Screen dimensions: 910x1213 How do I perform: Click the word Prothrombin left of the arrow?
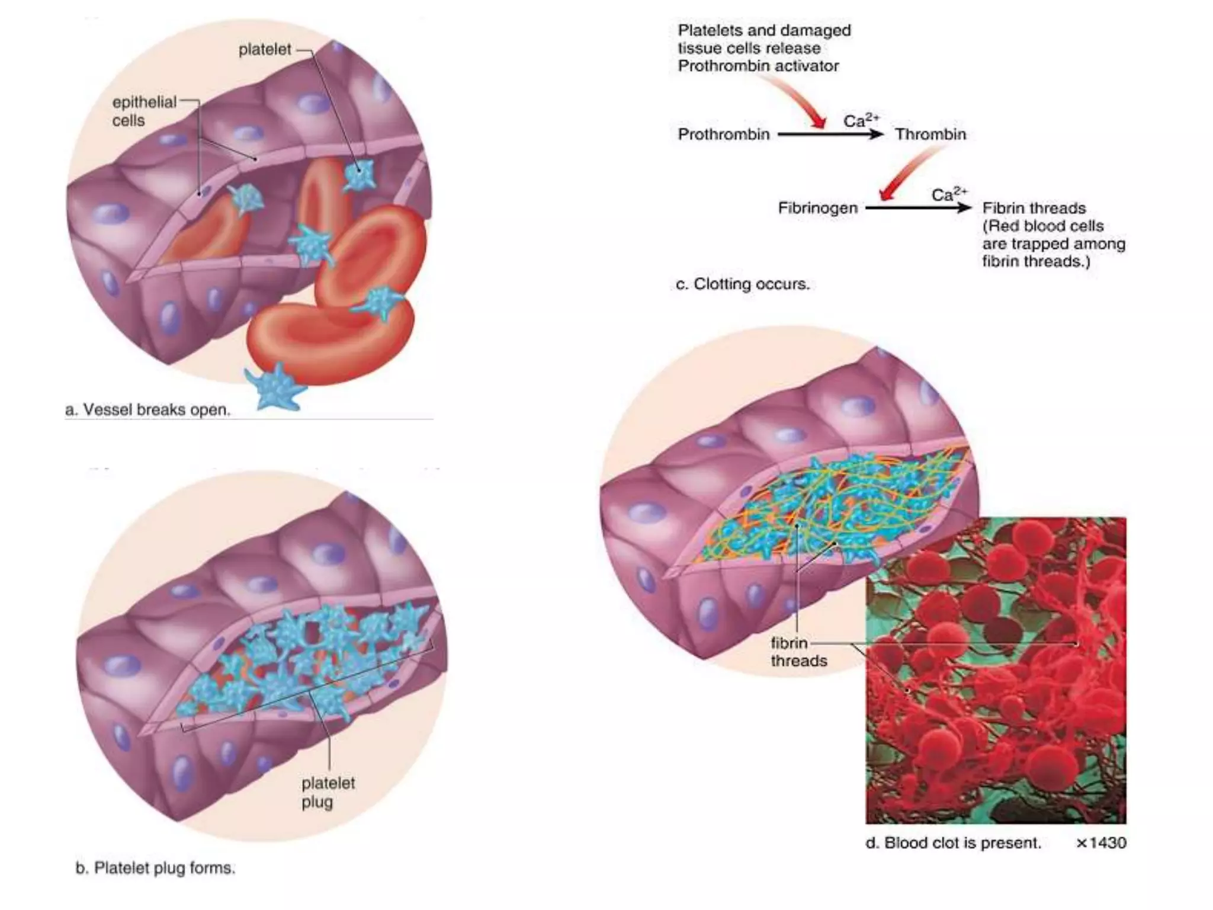[x=723, y=134]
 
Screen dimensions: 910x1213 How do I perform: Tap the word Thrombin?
[x=930, y=134]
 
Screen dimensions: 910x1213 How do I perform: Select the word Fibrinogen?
[x=817, y=208]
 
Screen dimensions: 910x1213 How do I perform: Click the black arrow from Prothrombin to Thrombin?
[x=829, y=134]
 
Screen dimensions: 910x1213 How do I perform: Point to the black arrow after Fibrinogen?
[x=918, y=208]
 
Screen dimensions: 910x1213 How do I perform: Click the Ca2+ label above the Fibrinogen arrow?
[x=948, y=194]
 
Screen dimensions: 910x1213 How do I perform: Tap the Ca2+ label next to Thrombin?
[x=861, y=120]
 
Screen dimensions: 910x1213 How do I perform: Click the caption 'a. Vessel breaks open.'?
[x=147, y=409]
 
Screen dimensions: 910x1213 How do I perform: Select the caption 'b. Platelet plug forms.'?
[x=155, y=868]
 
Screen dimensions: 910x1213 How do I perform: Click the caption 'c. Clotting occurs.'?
[x=742, y=284]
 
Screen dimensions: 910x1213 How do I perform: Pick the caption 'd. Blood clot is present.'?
[x=953, y=842]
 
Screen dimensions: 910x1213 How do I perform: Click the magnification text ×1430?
[x=1100, y=842]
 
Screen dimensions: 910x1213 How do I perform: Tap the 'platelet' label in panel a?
[x=265, y=50]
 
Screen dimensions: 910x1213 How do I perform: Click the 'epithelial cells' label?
[x=144, y=111]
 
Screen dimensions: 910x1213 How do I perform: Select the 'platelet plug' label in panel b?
[x=328, y=792]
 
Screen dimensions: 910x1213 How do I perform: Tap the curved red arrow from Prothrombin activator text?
[x=797, y=101]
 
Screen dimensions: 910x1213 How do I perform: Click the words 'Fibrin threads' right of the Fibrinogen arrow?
[x=1034, y=208]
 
